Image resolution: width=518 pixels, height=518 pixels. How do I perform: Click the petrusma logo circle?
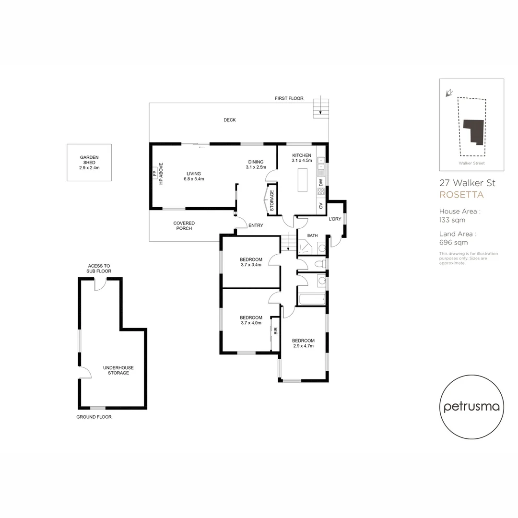point(471,407)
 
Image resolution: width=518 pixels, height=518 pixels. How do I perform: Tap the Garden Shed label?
point(89,163)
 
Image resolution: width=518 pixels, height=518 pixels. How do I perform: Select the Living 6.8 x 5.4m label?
point(194,176)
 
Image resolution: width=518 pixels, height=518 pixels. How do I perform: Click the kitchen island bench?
point(302,180)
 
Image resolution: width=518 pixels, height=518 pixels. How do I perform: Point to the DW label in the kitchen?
point(321,182)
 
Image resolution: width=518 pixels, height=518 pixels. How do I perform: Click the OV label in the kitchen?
point(321,207)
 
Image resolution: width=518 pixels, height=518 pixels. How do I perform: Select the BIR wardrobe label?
point(275,331)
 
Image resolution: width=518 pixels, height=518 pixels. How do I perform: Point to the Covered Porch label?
point(184,225)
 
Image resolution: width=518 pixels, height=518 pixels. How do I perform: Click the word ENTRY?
point(256,225)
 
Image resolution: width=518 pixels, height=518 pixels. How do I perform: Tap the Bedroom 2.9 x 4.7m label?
point(303,343)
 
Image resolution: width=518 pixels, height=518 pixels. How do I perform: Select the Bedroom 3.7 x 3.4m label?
point(251,262)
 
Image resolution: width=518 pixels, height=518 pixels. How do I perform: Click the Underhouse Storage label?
point(118,370)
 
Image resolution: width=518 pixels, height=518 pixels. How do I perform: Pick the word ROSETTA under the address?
point(461,195)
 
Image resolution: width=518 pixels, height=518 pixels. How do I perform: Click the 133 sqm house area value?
point(452,220)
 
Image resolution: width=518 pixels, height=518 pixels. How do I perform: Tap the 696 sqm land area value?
point(452,243)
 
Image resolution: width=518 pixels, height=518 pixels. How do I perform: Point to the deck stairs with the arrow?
point(321,108)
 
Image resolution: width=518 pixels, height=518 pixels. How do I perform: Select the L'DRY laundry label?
point(334,219)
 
